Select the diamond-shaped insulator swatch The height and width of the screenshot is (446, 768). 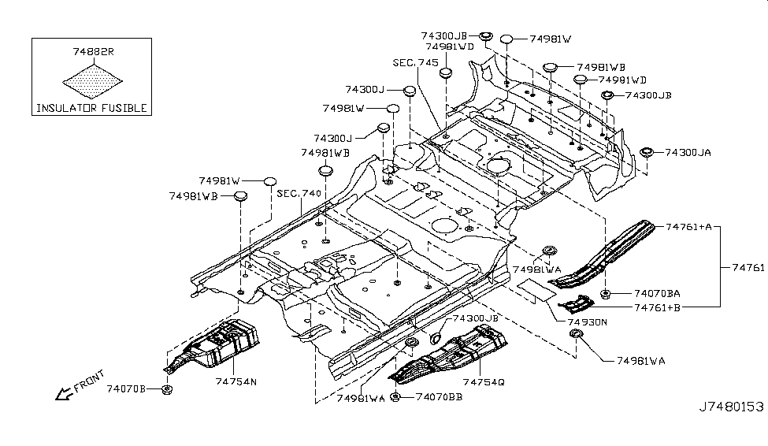point(92,80)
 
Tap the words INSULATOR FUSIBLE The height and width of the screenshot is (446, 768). point(91,108)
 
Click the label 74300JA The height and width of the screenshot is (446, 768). point(688,152)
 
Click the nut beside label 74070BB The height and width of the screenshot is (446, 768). point(395,396)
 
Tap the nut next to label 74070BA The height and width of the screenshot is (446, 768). point(605,294)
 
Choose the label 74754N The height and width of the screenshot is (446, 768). point(236,381)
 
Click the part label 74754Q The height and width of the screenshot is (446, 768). point(484,381)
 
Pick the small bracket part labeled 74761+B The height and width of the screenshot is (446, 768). point(575,304)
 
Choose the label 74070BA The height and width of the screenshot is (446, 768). point(658,293)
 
